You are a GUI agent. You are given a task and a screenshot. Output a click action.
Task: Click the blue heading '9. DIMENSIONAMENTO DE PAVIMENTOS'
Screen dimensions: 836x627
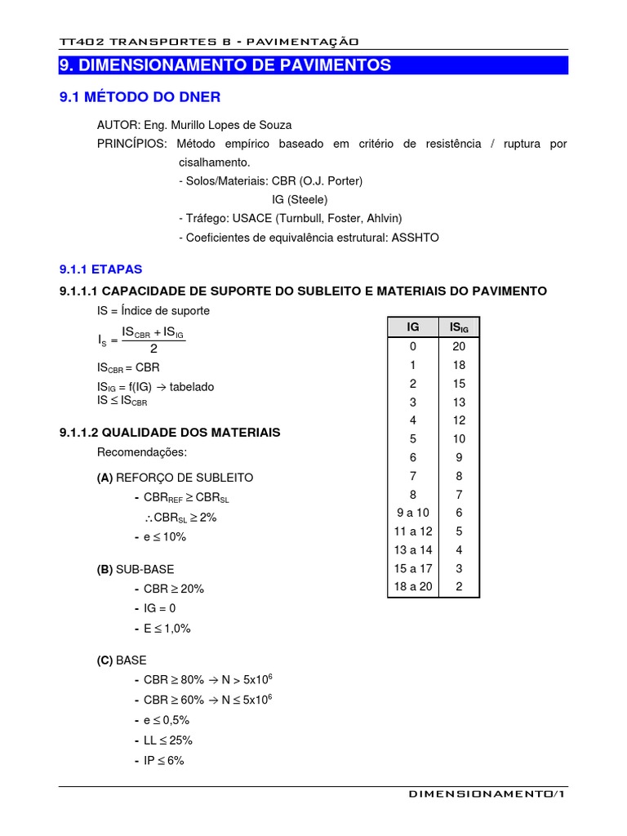click(x=225, y=65)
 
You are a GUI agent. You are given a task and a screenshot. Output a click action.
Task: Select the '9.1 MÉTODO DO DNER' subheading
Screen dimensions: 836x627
click(x=140, y=98)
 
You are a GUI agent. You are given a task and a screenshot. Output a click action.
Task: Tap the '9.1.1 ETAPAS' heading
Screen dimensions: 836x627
click(x=101, y=269)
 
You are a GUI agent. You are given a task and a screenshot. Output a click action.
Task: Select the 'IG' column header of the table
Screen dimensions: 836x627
click(x=413, y=327)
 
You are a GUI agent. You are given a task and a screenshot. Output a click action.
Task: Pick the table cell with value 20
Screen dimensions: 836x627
click(x=459, y=345)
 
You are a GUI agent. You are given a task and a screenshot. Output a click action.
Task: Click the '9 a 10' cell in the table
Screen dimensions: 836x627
click(x=413, y=513)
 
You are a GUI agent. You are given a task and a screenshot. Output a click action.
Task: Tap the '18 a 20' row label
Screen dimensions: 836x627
click(x=413, y=587)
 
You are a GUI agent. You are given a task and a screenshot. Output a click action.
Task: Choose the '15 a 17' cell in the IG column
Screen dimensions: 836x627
click(x=413, y=568)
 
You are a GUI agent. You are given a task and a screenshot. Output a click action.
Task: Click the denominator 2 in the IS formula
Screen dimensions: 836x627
click(x=153, y=349)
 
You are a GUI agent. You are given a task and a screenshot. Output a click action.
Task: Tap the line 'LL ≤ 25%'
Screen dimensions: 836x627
click(x=168, y=740)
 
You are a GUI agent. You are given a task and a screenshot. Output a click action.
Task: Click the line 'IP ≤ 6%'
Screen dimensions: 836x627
click(x=164, y=760)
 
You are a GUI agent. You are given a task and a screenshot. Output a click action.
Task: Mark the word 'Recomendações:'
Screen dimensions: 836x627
click(x=142, y=452)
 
